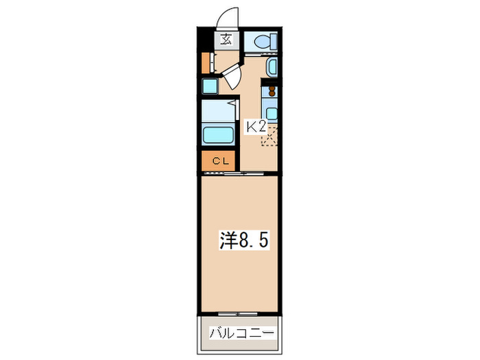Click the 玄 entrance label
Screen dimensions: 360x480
(226, 39)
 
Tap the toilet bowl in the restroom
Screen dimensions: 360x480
(262, 41)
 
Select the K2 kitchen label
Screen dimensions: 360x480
(256, 126)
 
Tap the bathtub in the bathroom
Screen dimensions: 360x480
(219, 134)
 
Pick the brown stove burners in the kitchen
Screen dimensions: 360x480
(272, 90)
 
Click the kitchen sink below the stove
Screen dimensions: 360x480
(272, 114)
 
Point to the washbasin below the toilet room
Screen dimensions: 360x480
(271, 67)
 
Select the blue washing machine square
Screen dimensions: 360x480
(209, 86)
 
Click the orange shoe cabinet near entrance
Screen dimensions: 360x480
(205, 62)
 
